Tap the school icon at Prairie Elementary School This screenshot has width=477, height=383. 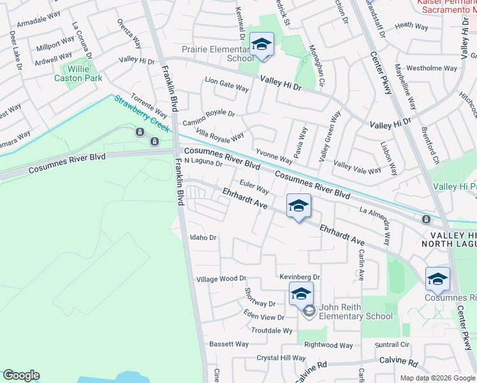click(261, 45)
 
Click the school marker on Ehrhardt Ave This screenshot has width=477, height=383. click(298, 206)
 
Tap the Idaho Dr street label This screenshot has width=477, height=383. click(204, 237)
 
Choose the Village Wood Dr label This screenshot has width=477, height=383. click(221, 279)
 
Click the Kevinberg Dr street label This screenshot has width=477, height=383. click(299, 277)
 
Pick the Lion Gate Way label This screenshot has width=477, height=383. click(226, 82)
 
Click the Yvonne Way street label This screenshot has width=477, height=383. click(274, 155)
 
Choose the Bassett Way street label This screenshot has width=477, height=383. click(229, 344)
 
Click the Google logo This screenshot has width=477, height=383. click(21, 375)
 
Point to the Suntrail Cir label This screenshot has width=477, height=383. click(392, 344)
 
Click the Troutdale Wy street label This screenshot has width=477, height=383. click(272, 331)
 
